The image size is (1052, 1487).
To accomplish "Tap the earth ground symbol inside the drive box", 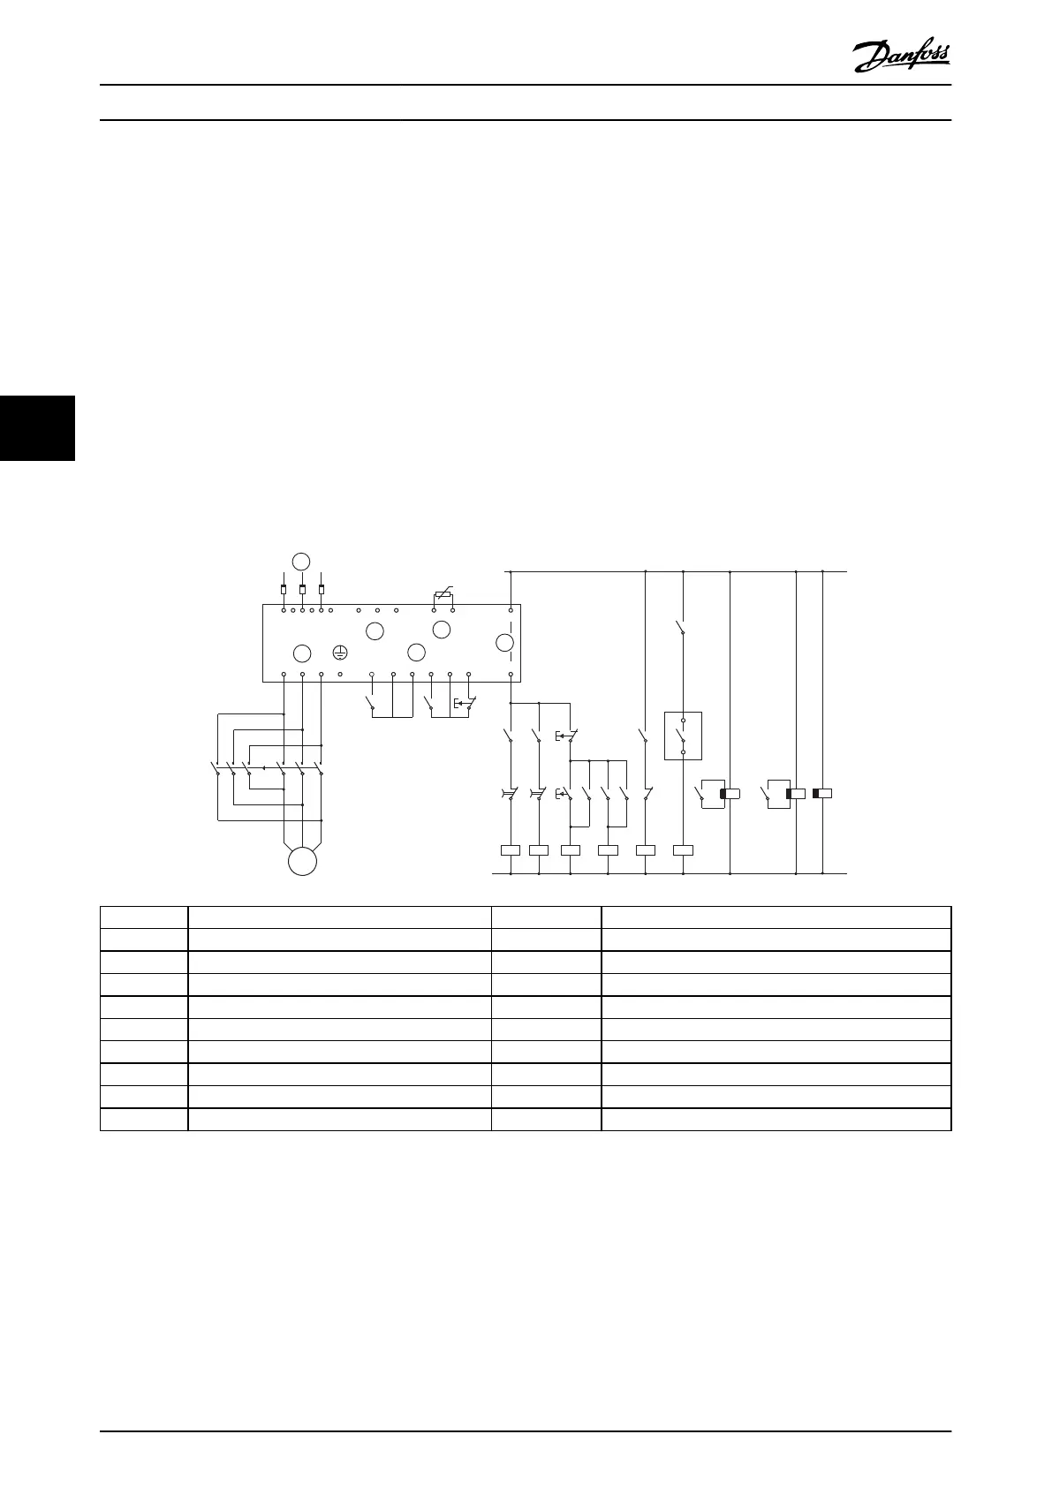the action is [340, 653].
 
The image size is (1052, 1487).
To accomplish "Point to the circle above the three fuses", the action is [302, 561].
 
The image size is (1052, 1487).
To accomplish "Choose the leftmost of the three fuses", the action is [283, 589].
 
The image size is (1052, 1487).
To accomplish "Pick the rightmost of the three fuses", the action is [322, 589].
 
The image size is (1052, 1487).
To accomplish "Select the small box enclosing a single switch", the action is [683, 736].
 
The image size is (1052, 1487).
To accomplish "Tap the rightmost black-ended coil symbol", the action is [821, 794].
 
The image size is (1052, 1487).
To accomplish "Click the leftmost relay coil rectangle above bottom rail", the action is [511, 850].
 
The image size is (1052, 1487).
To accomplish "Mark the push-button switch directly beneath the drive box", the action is [465, 704].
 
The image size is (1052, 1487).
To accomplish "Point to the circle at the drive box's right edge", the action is [504, 642].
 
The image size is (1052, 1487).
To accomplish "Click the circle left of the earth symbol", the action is [302, 653].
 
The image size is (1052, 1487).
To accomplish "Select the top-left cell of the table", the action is [143, 916].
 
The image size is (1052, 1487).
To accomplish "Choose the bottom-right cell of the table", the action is [776, 1119].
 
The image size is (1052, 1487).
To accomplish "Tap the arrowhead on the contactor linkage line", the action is [263, 767].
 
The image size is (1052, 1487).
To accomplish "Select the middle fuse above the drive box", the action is [302, 589].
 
